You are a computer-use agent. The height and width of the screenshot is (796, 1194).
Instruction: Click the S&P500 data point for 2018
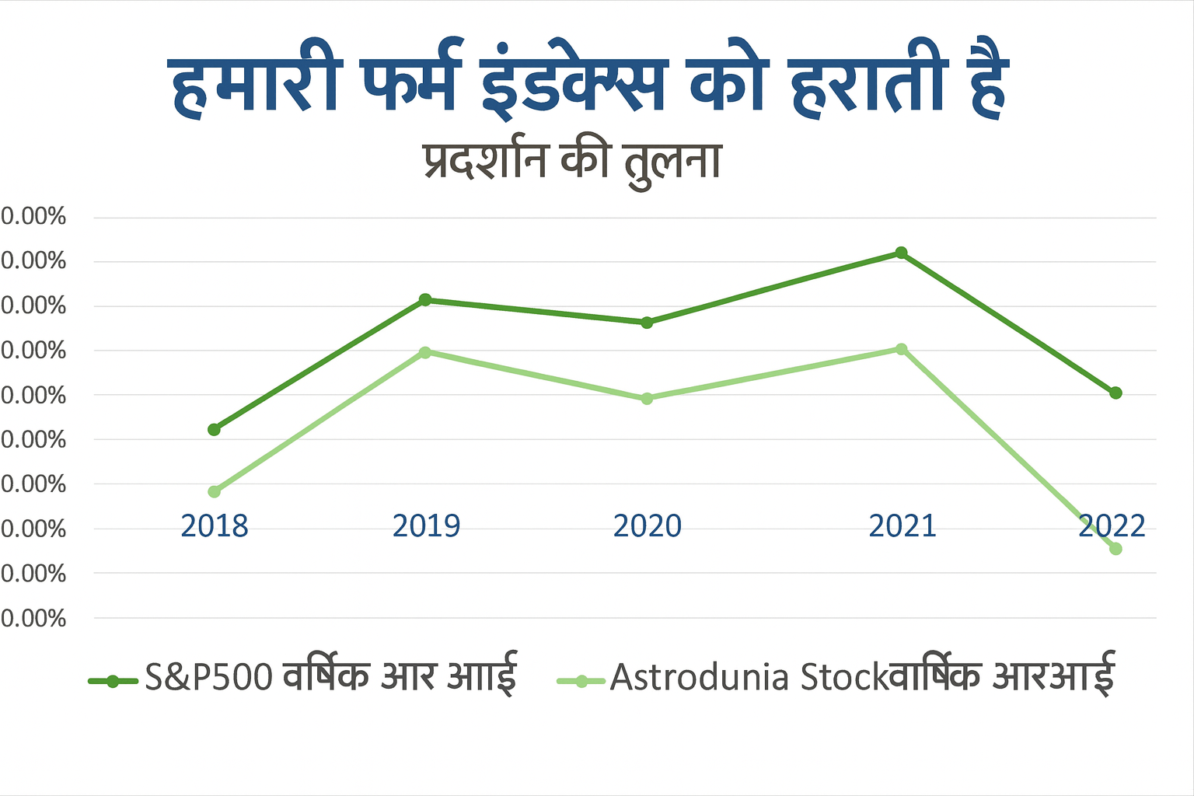pos(215,429)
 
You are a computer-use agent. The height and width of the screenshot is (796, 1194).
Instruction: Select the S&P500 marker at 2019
pos(425,300)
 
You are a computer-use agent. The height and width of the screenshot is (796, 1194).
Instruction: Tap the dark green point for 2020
pos(647,323)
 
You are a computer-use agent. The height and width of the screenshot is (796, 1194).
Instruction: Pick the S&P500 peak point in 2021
pos(901,253)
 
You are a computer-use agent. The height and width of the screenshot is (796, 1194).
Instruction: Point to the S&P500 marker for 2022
pos(1115,393)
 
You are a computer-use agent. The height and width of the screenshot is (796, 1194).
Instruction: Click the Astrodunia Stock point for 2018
pos(215,491)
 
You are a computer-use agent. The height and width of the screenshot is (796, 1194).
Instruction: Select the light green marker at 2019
pos(425,352)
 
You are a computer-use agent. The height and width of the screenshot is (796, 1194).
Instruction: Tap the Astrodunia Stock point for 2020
pos(647,399)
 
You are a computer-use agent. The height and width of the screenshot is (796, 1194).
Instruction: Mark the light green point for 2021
pos(901,349)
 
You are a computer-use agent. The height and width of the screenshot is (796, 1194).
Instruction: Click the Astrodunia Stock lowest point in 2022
pos(1115,549)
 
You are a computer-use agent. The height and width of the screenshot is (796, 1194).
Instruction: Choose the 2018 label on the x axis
pos(215,526)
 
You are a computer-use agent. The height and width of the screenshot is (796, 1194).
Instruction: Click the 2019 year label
pos(426,526)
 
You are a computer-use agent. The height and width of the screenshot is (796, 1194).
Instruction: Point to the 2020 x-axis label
pos(647,526)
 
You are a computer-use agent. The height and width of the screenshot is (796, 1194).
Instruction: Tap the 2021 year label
pos(902,526)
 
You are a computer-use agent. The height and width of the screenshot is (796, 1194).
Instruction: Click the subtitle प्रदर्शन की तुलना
pos(573,162)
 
